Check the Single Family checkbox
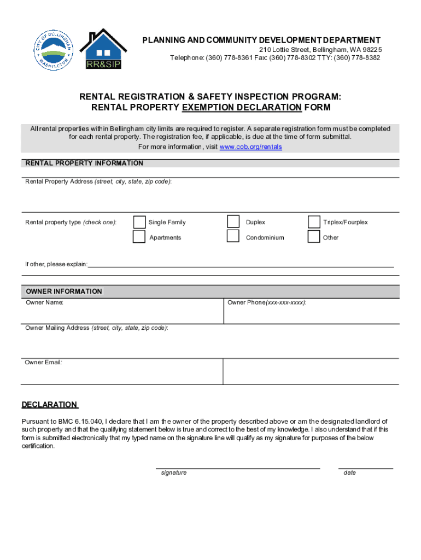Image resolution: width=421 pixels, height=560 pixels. (x=139, y=222)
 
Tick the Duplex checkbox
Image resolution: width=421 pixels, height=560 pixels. (x=233, y=221)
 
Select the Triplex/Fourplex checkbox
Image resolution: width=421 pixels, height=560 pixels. (x=314, y=222)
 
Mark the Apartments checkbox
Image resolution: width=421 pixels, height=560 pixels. (x=139, y=237)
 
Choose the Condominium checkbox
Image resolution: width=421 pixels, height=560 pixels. (x=233, y=236)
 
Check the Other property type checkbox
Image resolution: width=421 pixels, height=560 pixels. (x=314, y=237)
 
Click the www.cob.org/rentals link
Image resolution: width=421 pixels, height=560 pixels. (x=250, y=147)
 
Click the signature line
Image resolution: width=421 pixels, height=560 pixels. (x=238, y=468)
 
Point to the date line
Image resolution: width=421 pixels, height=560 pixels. (x=365, y=468)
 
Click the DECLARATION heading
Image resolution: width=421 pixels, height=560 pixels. (x=50, y=405)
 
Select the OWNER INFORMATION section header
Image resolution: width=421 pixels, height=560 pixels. (x=64, y=291)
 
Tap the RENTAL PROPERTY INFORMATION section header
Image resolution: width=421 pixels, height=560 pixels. (x=84, y=163)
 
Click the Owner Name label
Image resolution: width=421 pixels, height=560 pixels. (x=44, y=302)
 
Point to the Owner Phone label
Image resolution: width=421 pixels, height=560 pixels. (x=266, y=302)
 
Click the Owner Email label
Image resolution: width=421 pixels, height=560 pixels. (x=43, y=362)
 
